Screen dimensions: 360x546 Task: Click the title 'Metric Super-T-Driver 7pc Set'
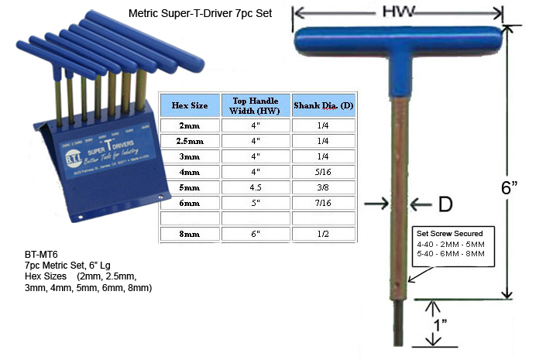point(200,14)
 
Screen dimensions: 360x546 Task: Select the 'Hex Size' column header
point(189,105)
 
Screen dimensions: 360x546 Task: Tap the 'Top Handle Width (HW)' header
point(256,105)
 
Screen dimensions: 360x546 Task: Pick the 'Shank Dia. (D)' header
point(323,105)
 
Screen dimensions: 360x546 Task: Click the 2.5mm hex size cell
point(189,141)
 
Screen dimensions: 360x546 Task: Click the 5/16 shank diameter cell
point(323,172)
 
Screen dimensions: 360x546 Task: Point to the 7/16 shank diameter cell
point(323,203)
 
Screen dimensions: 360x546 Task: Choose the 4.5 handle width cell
point(256,187)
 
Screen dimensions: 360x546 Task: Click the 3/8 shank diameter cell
point(323,187)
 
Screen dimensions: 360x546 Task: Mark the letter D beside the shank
point(445,204)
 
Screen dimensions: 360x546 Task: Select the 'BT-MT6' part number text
point(40,254)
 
